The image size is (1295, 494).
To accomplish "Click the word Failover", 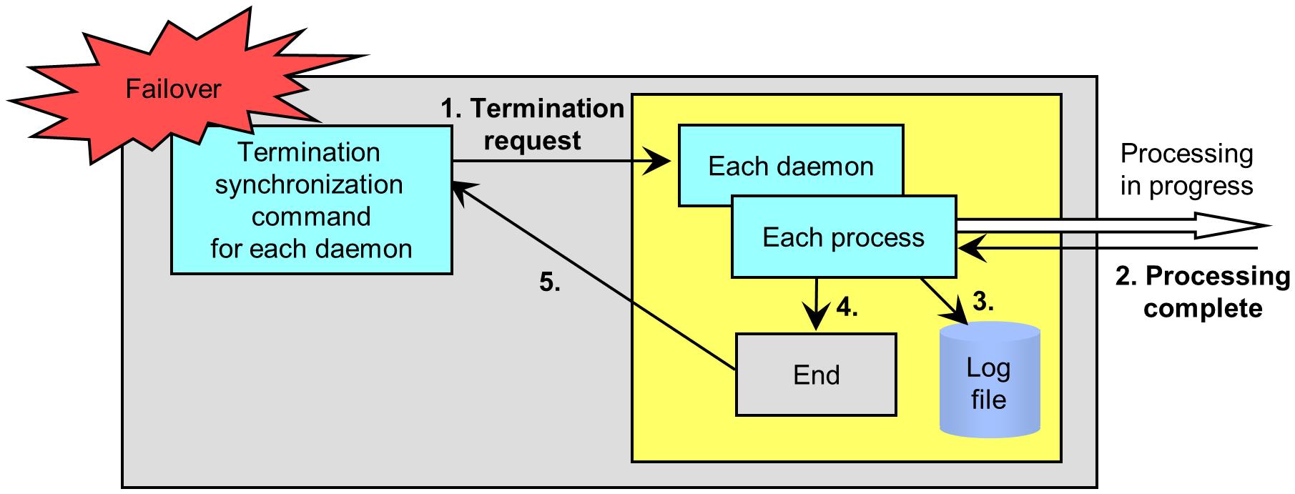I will click(173, 89).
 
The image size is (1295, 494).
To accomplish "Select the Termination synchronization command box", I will click(311, 200).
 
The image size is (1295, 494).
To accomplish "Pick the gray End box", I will click(815, 375).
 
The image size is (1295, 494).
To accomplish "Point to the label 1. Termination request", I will click(532, 124).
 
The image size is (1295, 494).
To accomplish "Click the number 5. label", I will click(549, 283).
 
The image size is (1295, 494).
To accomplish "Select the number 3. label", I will click(983, 302).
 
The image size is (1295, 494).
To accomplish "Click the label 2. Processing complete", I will click(1203, 292).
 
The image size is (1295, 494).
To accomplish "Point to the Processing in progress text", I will click(1186, 169).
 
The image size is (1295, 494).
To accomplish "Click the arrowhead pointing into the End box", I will click(816, 322).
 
